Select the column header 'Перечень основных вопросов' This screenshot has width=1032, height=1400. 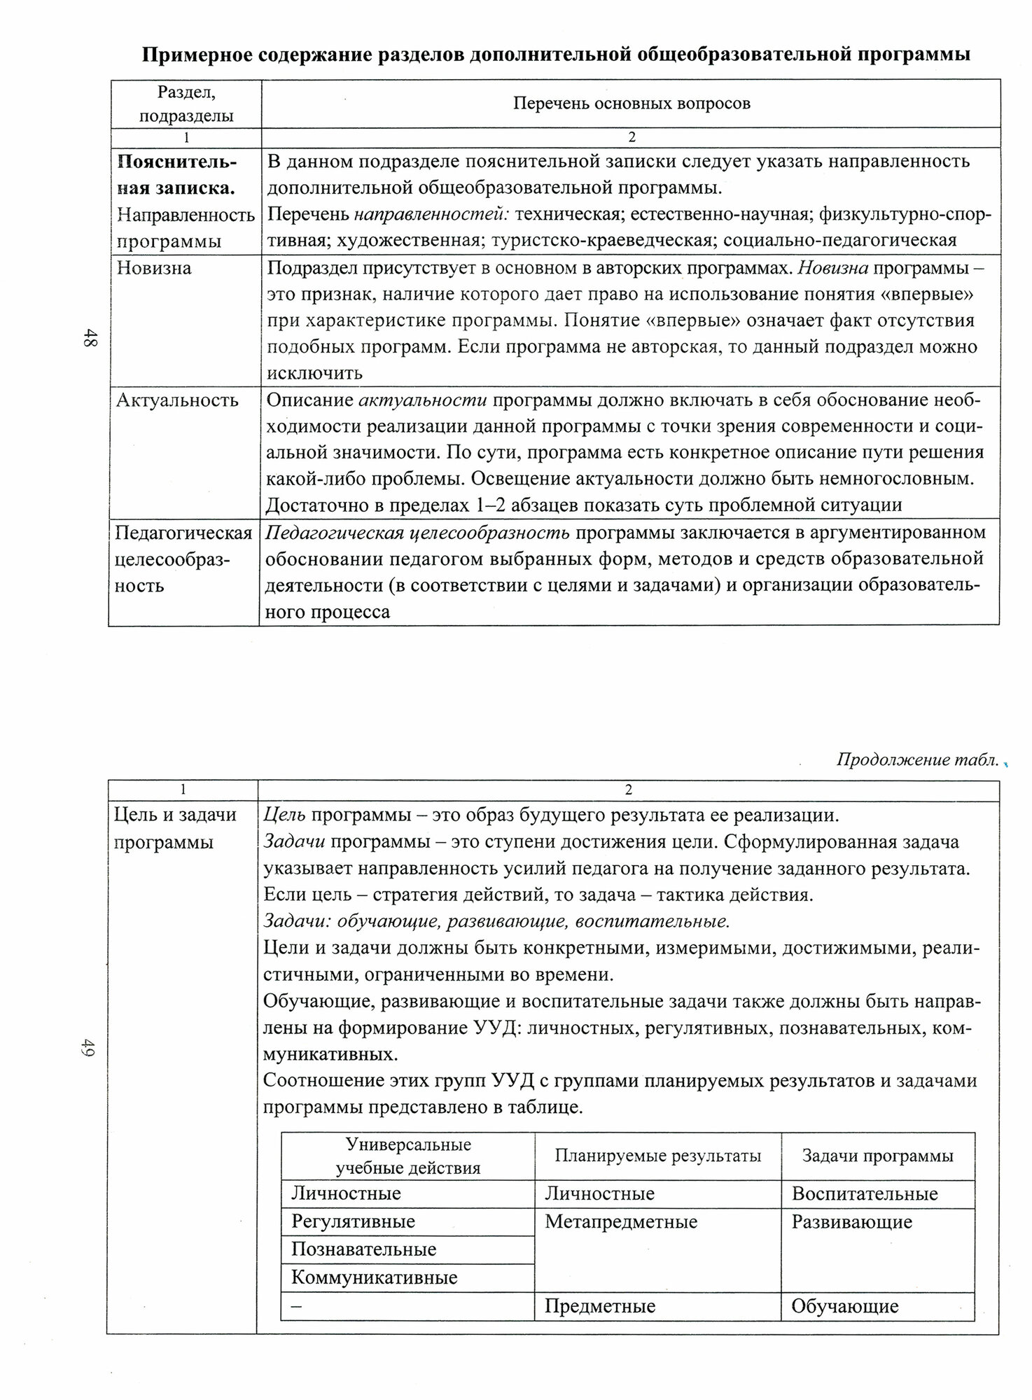pos(632,104)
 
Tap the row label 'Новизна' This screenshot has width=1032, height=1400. pos(154,268)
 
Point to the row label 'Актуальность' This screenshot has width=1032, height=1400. pos(177,400)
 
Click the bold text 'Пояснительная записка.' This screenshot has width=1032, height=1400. pos(176,175)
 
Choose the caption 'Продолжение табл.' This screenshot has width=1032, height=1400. pos(917,760)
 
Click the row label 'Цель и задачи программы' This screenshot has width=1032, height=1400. pos(175,829)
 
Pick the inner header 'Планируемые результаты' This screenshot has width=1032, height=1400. pos(657,1155)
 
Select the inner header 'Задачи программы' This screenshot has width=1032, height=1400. pos(877,1155)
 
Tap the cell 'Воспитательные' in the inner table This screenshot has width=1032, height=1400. pos(864,1193)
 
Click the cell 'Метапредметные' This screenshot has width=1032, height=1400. pos(621,1222)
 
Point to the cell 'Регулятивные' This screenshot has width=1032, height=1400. pos(353,1222)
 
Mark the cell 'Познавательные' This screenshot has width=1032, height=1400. pos(363,1249)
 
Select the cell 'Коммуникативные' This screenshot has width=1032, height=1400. pos(374,1277)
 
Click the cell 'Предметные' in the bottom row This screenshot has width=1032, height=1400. pos(600,1306)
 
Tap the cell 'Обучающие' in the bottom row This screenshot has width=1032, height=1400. pos(844,1306)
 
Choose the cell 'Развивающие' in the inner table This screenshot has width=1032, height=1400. pos(851,1222)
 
